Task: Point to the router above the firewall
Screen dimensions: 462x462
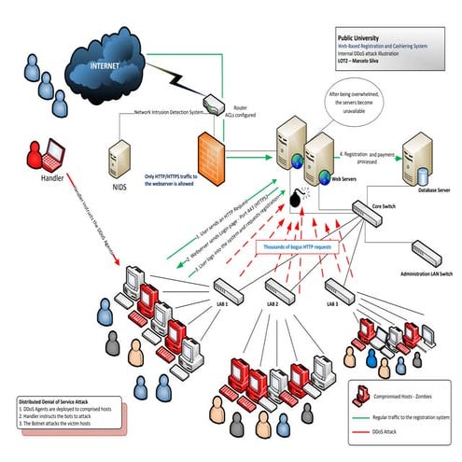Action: point(213,99)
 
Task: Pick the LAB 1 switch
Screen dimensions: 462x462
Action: point(226,288)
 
